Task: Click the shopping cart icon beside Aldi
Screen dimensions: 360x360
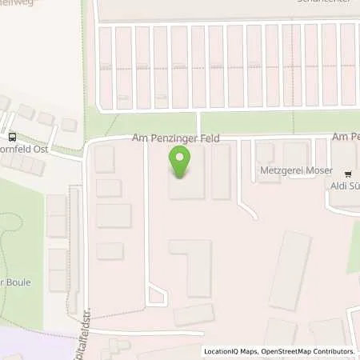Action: click(x=348, y=173)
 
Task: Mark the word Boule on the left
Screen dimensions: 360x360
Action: click(x=18, y=281)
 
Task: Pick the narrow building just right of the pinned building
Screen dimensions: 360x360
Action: click(x=221, y=172)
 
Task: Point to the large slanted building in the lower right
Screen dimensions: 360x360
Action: click(x=290, y=270)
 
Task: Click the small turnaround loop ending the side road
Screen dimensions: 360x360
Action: click(x=157, y=298)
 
